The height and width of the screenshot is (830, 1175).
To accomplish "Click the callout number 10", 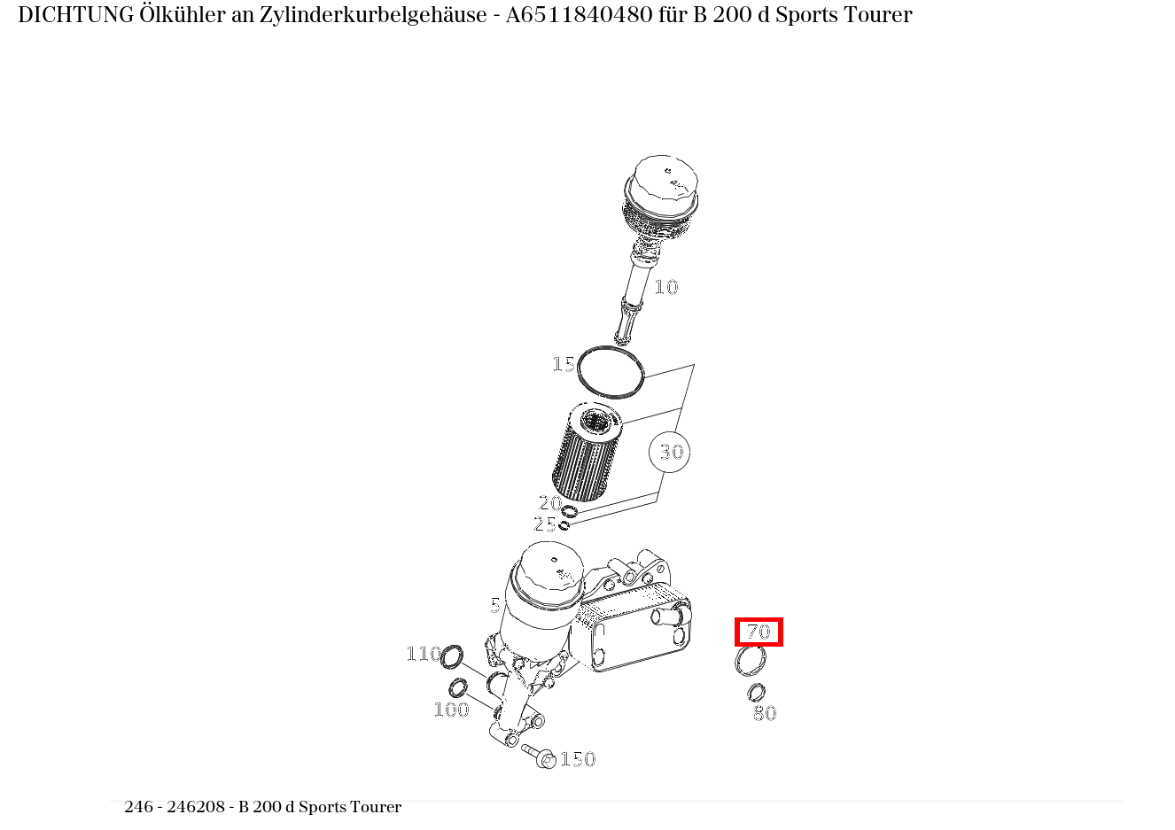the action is click(x=666, y=287).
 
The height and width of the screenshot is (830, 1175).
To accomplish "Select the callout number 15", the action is click(x=564, y=364).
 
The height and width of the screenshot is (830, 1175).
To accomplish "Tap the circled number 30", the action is click(x=669, y=452).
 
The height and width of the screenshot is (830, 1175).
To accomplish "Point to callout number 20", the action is click(x=550, y=503).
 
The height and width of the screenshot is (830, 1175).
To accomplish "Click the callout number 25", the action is click(x=544, y=524).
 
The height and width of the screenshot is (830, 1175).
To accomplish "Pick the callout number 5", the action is click(x=495, y=606).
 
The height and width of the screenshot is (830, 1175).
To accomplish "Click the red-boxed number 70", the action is click(x=759, y=632).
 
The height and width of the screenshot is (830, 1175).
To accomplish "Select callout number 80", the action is click(x=765, y=712).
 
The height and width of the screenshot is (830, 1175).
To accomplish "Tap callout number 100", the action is click(x=451, y=710).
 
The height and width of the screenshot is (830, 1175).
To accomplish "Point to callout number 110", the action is click(x=424, y=654).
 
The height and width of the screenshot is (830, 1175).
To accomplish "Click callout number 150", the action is click(x=578, y=758).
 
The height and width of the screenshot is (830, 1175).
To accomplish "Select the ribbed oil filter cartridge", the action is click(x=587, y=451).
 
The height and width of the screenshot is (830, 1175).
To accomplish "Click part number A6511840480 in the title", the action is click(x=580, y=15).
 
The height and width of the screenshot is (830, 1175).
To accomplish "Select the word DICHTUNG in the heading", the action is click(x=76, y=15).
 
